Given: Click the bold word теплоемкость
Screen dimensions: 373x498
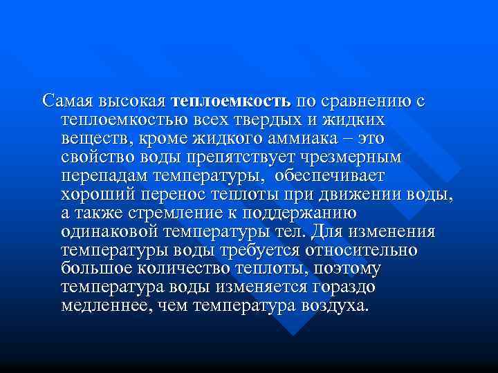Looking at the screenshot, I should click(232, 102).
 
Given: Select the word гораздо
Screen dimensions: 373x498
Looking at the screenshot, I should click(338, 288).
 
